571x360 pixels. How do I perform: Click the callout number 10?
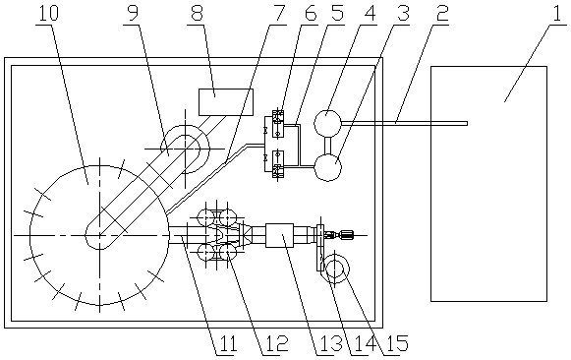pos(47,13)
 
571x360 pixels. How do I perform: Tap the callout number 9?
pos(133,13)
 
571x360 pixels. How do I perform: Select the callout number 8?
pos(197,13)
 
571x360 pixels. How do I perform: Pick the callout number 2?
pos(441,13)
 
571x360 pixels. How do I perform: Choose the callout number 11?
pos(226,343)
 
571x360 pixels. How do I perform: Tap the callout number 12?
pos(275,343)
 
